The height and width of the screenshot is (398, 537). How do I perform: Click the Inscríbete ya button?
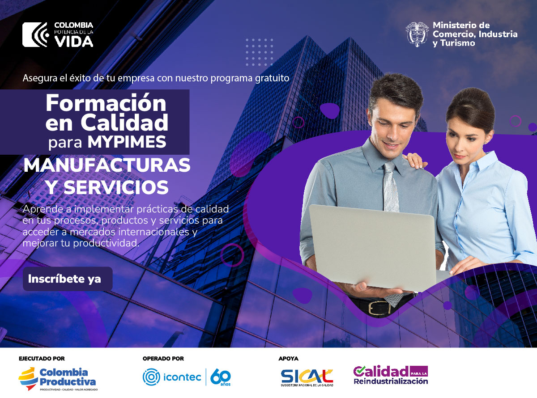[x=67, y=279]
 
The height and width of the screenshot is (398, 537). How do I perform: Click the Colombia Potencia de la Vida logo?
[x=58, y=34]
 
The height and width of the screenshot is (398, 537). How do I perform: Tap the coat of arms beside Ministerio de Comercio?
[x=417, y=34]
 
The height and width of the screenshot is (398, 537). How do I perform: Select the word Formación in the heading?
[x=106, y=103]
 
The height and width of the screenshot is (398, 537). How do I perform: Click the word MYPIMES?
[x=127, y=142]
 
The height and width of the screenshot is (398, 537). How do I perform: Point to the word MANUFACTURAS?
[x=107, y=165]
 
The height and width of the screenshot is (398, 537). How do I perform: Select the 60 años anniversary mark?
[x=220, y=377]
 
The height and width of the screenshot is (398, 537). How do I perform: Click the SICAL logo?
[x=307, y=377]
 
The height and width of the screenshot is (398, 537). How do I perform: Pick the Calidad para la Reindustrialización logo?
[x=390, y=375]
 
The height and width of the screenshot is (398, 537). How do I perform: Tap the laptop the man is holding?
[x=371, y=246]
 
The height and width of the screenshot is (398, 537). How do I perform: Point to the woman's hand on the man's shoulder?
[x=414, y=159]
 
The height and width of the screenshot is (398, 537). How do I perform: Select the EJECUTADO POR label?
[x=42, y=359]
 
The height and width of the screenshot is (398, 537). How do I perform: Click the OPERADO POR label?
[x=163, y=359]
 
